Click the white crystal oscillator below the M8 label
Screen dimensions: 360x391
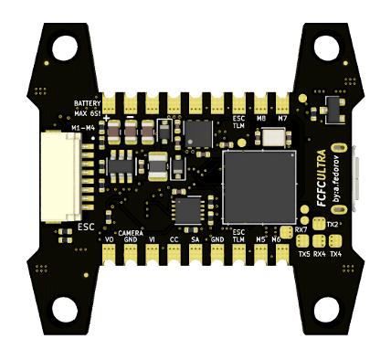273,138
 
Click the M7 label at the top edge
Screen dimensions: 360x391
284,118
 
